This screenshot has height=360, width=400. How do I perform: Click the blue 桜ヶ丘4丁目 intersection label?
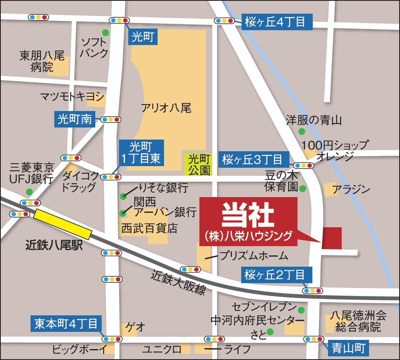click(277, 22)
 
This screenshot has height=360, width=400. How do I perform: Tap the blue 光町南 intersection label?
click(75, 119)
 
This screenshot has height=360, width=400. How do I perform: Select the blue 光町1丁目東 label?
click(141, 152)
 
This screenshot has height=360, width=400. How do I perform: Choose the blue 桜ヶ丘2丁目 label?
click(276, 276)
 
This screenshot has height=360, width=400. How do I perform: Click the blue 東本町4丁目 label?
click(66, 323)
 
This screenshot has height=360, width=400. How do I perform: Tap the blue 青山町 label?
click(348, 347)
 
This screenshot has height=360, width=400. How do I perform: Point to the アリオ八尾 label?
click(166, 108)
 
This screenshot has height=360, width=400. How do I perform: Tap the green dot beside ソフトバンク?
click(105, 32)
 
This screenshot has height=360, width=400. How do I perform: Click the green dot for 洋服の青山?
click(302, 131)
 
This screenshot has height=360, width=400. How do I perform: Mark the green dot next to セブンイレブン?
click(301, 309)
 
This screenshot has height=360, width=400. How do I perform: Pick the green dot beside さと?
click(270, 331)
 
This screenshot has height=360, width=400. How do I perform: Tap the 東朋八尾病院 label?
click(42, 61)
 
